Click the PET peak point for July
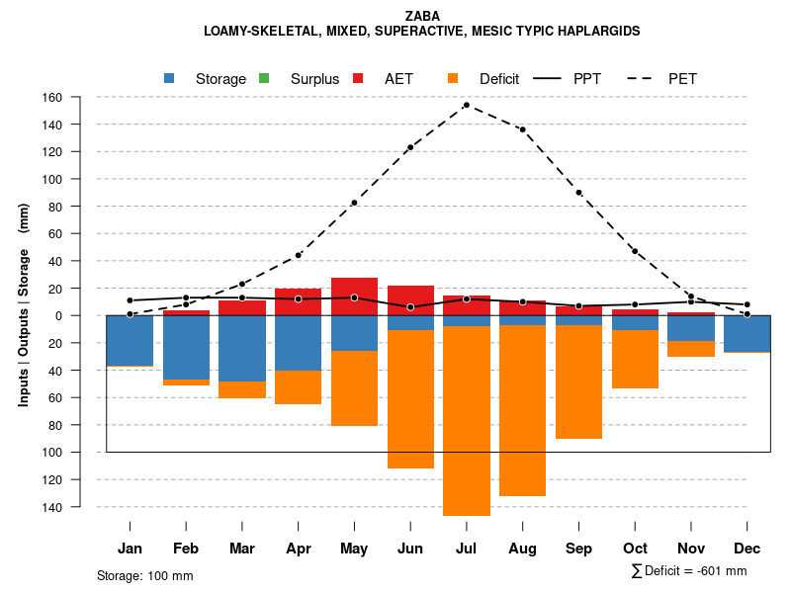pyautogui.click(x=466, y=105)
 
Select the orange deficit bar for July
pyautogui.click(x=466, y=420)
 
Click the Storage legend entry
pyautogui.click(x=209, y=79)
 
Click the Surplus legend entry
pyautogui.click(x=303, y=79)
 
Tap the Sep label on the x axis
pyautogui.click(x=578, y=549)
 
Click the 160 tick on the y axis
pyautogui.click(x=80, y=97)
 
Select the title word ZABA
pyautogui.click(x=421, y=15)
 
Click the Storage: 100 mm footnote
pyautogui.click(x=144, y=575)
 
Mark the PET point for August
pyautogui.click(x=522, y=129)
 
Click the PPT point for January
pyautogui.click(x=130, y=300)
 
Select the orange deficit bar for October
pyautogui.click(x=635, y=359)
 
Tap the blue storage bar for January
pyautogui.click(x=130, y=340)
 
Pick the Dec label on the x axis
pyautogui.click(x=747, y=549)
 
